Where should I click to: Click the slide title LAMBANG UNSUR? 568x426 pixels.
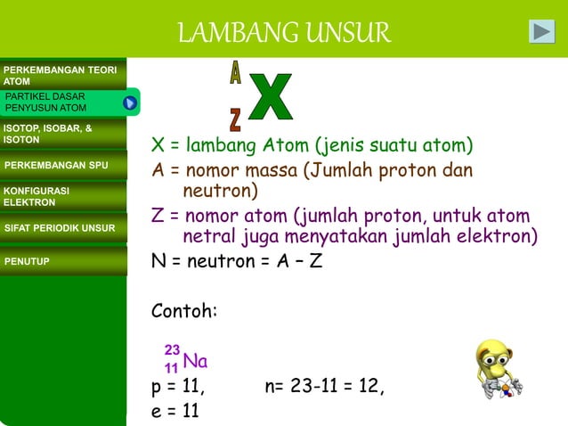(284, 33)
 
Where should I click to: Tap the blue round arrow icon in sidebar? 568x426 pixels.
(130, 103)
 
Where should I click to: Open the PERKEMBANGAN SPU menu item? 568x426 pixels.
(57, 165)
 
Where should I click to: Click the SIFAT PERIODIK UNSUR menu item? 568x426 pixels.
(61, 228)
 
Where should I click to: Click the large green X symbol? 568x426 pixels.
(271, 99)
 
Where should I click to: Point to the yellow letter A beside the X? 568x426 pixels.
(235, 74)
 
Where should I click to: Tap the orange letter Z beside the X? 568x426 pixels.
(235, 119)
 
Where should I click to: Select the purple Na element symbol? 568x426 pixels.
(195, 361)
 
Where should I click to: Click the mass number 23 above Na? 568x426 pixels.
(172, 350)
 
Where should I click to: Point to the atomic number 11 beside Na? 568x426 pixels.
(171, 368)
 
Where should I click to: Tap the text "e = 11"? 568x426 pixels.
(175, 410)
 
